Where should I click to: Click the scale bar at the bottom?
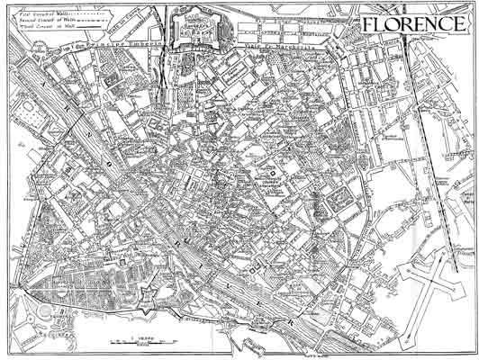[x=144, y=343]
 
